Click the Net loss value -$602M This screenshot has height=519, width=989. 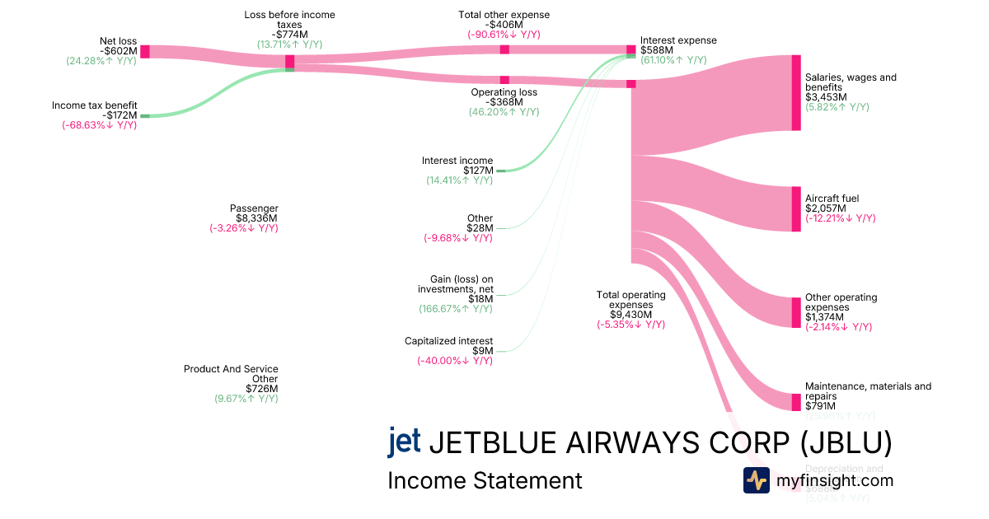click(x=118, y=50)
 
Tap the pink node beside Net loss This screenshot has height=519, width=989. click(x=145, y=52)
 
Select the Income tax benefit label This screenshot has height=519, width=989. click(x=95, y=105)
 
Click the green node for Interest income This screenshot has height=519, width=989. click(x=501, y=171)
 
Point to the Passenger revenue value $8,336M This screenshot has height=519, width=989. click(x=256, y=218)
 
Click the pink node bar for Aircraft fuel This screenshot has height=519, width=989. click(x=796, y=209)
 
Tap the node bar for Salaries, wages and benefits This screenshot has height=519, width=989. click(x=796, y=92)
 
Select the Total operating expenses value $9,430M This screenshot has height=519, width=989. click(x=630, y=315)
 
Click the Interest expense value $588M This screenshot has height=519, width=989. click(x=657, y=50)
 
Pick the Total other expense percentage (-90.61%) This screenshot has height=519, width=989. click(x=504, y=35)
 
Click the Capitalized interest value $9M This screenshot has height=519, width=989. click(x=482, y=351)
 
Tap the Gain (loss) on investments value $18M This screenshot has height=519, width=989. click(x=480, y=299)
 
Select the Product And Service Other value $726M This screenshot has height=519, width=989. click(x=261, y=389)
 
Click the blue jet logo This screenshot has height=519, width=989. click(x=404, y=441)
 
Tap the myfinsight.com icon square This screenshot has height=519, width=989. click(x=756, y=480)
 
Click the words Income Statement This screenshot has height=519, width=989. click(x=485, y=480)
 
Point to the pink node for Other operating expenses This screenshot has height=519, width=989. click(x=796, y=312)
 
